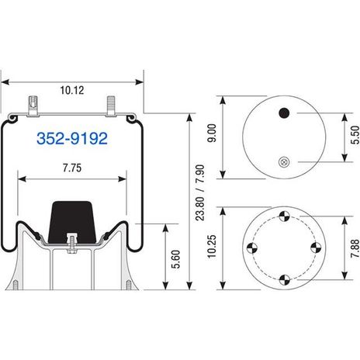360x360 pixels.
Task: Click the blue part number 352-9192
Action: [72, 138]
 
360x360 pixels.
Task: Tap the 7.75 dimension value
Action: [72, 168]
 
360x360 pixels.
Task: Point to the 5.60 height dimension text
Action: [176, 259]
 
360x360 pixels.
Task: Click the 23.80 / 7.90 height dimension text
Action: [200, 192]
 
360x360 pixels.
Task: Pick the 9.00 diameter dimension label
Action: [212, 133]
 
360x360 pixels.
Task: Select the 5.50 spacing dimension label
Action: [355, 135]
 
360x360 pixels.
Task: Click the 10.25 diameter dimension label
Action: [212, 246]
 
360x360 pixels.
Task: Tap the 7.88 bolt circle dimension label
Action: [355, 248]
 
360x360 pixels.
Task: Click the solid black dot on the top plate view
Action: [284, 113]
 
